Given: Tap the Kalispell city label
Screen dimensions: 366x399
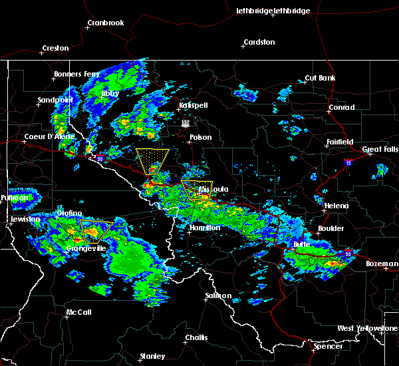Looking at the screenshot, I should [193, 106].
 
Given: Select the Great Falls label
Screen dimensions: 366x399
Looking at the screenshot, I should [380, 150].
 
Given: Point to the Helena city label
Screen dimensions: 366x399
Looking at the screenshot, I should [336, 206].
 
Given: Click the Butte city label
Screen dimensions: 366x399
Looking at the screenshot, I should [303, 244].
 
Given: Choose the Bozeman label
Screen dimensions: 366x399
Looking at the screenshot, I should [382, 264].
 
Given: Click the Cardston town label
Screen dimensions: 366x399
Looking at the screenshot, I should [259, 43].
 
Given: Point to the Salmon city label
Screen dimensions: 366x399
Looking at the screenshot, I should [218, 295].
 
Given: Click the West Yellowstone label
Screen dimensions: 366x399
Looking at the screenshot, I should [367, 329].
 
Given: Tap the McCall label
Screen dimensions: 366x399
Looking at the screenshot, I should [78, 313].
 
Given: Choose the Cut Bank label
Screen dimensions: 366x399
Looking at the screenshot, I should [319, 79].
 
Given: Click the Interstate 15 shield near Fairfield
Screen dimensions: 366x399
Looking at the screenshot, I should [348, 162].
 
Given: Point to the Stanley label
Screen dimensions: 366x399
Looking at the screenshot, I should [152, 357].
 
